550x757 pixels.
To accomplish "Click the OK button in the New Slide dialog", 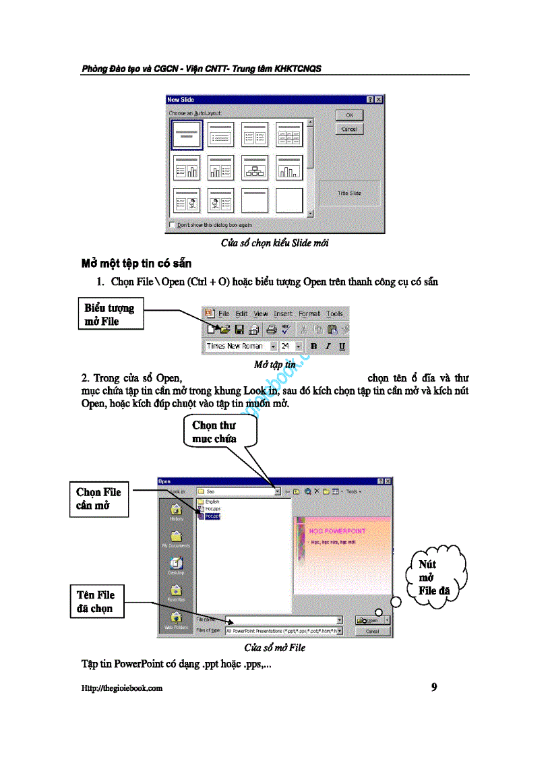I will pyautogui.click(x=349, y=115).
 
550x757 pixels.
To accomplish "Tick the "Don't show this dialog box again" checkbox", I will pyautogui.click(x=173, y=225).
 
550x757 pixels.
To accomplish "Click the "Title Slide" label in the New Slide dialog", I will pyautogui.click(x=349, y=193).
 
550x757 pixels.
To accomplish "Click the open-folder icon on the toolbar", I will pyautogui.click(x=224, y=330).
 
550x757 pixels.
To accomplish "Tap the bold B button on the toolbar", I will pyautogui.click(x=313, y=346).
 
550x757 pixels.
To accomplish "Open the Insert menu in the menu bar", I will pyautogui.click(x=283, y=313).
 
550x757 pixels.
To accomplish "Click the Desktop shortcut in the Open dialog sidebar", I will pyautogui.click(x=176, y=566).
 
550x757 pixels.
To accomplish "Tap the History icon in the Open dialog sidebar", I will pyautogui.click(x=176, y=512).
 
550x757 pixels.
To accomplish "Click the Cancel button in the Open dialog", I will pyautogui.click(x=372, y=632).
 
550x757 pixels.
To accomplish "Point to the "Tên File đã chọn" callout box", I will pyautogui.click(x=99, y=602).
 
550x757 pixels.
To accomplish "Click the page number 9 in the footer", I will pyautogui.click(x=434, y=688).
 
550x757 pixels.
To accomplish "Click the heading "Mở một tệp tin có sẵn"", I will pyautogui.click(x=136, y=263).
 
